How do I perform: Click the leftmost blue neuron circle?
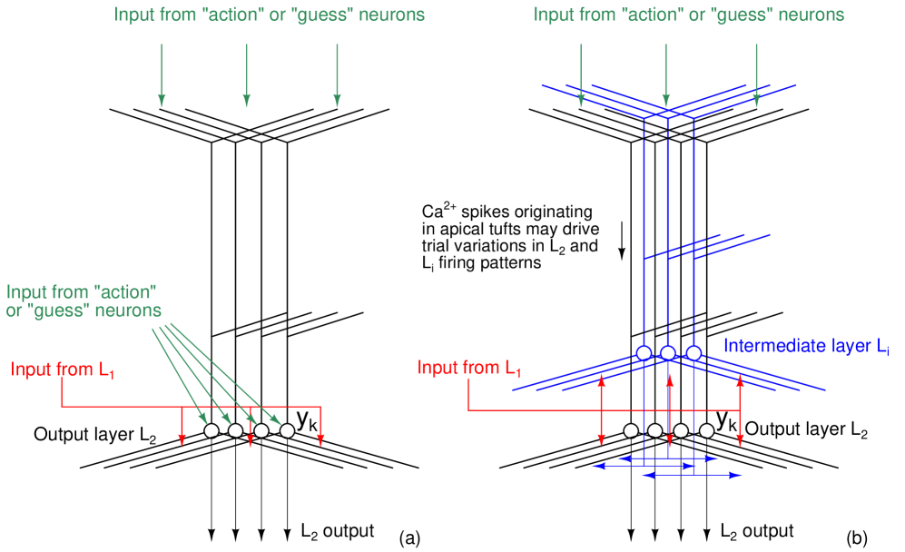pos(644,352)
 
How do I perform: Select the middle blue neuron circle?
pos(668,352)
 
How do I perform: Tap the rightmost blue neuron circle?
pos(694,352)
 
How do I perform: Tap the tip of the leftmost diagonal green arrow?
pos(206,423)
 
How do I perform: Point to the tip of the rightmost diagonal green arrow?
pos(280,424)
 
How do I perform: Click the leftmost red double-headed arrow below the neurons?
pos(601,409)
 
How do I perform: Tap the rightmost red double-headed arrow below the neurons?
pos(740,409)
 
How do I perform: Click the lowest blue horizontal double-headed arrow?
pos(692,475)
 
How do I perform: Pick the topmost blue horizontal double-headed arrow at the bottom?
pos(667,458)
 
